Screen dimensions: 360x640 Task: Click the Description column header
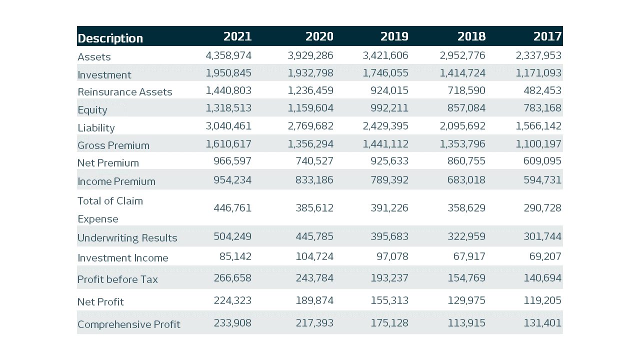[x=110, y=38]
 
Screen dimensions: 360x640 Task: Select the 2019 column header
[x=394, y=36]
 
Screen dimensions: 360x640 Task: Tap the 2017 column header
[x=547, y=36]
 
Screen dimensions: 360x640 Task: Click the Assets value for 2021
[x=228, y=55]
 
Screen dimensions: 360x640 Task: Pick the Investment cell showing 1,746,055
[x=385, y=73]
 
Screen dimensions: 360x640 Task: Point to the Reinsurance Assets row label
[x=124, y=92]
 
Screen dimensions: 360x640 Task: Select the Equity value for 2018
[x=463, y=108]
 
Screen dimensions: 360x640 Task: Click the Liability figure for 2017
[x=538, y=126]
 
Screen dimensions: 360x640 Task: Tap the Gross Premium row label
[x=113, y=145]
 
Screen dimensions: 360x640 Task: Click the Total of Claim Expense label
[x=110, y=209]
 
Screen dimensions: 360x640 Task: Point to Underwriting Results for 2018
[x=463, y=236]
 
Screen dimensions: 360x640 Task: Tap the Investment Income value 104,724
[x=314, y=256]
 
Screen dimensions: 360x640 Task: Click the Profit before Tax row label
[x=117, y=279]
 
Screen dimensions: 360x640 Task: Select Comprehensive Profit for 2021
[x=232, y=323]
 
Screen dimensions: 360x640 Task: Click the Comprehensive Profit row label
[x=128, y=324]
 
